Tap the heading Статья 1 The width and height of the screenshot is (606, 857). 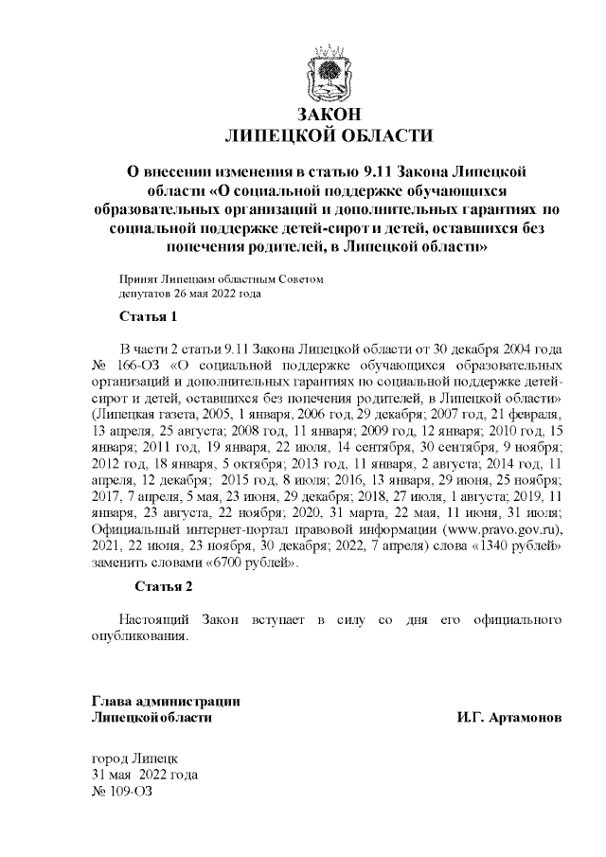tap(146, 315)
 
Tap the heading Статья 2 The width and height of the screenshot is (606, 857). tap(163, 586)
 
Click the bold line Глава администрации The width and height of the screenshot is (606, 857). tap(165, 702)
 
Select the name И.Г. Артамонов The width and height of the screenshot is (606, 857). tap(508, 719)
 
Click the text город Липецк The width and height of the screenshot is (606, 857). tap(133, 759)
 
